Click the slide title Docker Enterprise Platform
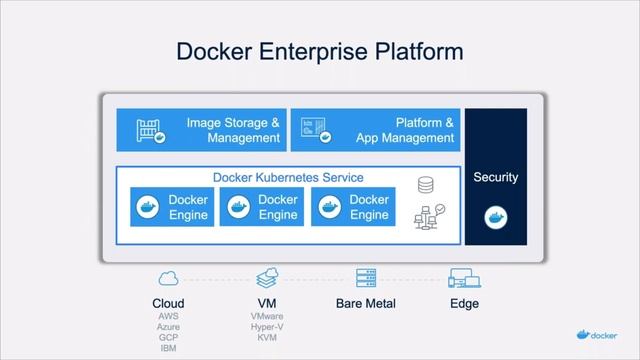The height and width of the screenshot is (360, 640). click(320, 51)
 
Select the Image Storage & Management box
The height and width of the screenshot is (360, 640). click(201, 131)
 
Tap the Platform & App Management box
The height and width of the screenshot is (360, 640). click(375, 131)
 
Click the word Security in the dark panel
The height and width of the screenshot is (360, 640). click(495, 177)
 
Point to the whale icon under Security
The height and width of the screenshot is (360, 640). click(495, 216)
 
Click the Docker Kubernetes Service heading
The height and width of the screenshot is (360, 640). click(287, 178)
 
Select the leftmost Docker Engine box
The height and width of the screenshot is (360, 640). click(172, 207)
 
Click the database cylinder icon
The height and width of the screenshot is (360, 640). click(426, 186)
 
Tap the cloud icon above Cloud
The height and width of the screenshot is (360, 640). click(168, 278)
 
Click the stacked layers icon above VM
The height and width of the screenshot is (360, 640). click(267, 278)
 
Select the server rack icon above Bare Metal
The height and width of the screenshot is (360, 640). click(366, 278)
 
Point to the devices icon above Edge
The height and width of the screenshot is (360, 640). click(465, 278)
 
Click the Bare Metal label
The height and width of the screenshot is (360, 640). click(366, 303)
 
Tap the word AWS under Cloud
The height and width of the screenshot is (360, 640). click(168, 316)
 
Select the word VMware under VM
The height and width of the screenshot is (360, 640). click(267, 316)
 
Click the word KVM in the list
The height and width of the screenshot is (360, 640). click(267, 338)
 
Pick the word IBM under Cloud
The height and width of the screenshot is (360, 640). click(168, 349)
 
